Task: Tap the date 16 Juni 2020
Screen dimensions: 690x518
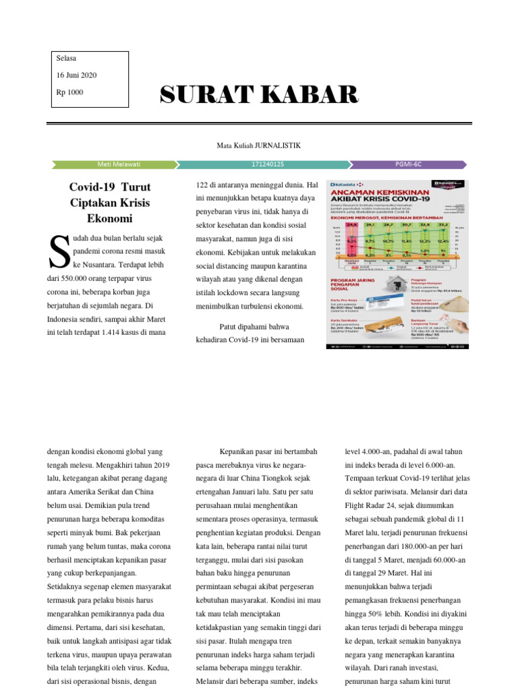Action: tap(77, 75)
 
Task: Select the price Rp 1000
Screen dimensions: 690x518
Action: tap(70, 92)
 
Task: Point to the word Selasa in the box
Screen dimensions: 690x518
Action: tap(67, 59)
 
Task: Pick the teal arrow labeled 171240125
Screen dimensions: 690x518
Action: tap(267, 164)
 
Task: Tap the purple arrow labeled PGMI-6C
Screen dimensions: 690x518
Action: tap(409, 164)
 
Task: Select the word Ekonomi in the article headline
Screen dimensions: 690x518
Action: tap(110, 218)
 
